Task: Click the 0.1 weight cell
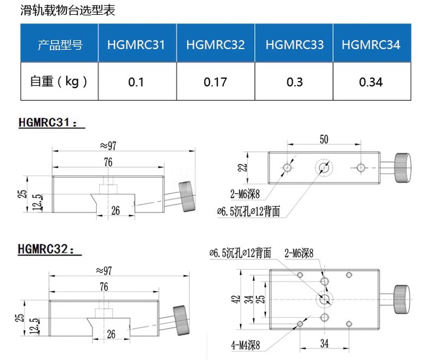tap(136, 82)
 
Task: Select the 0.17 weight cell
tap(215, 82)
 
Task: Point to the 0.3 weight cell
tap(294, 82)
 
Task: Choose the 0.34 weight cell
tap(371, 82)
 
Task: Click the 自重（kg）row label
tap(59, 82)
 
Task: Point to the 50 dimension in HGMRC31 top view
tap(323, 140)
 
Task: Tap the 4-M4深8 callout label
tap(245, 345)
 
